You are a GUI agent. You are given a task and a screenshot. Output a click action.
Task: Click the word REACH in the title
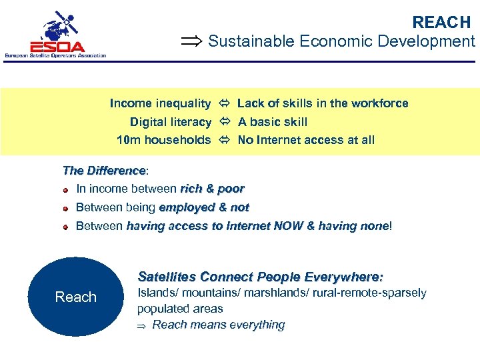pos(441,22)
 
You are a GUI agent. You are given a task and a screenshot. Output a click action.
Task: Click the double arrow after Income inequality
pos(224,103)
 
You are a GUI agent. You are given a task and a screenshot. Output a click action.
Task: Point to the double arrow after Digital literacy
pos(224,122)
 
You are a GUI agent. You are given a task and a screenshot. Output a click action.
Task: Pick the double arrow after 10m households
pos(224,140)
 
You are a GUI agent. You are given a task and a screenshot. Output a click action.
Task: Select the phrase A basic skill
pos(273,122)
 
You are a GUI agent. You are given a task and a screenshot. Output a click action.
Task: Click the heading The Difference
pos(103,171)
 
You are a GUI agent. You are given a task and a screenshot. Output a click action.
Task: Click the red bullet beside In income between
pos(67,190)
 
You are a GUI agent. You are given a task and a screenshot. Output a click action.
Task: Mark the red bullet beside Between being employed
pos(67,209)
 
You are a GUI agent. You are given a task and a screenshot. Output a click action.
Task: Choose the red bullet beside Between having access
pos(67,227)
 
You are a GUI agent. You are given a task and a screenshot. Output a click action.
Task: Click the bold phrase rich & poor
pos(212,189)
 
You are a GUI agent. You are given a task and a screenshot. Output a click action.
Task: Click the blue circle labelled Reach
pos(75,297)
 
